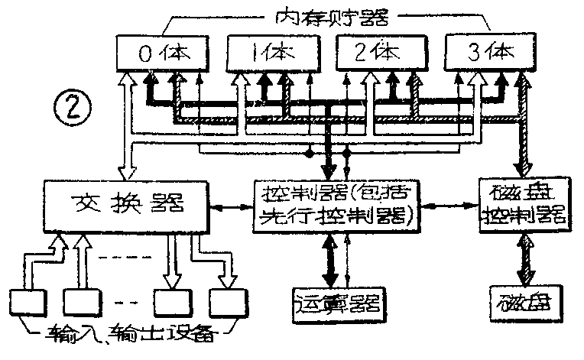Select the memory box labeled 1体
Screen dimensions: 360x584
click(x=271, y=53)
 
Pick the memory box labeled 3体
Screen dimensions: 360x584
click(x=486, y=53)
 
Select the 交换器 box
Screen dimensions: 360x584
click(x=127, y=205)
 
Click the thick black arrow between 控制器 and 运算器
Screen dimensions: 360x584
click(x=330, y=258)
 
